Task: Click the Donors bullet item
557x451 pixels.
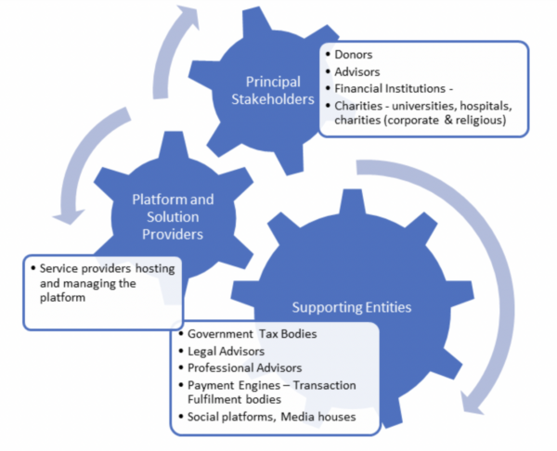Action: (x=355, y=55)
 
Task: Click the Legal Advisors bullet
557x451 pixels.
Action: (x=226, y=351)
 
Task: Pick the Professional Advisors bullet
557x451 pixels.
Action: (x=244, y=368)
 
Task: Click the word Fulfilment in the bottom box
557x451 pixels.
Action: (x=217, y=401)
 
